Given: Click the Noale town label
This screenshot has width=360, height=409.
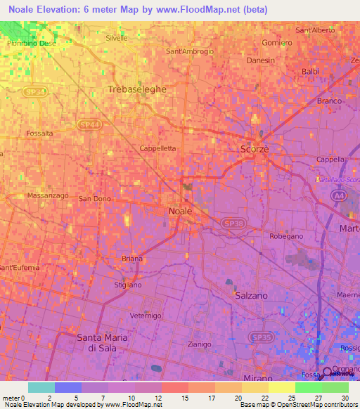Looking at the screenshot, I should (179, 211).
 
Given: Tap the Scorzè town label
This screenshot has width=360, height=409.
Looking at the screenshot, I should (254, 150).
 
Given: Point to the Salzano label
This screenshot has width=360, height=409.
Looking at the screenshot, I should (251, 296).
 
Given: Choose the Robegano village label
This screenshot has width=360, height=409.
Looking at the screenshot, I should (286, 236).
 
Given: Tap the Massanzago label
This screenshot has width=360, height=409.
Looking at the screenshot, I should (46, 195).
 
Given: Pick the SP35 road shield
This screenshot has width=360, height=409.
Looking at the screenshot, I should (262, 338).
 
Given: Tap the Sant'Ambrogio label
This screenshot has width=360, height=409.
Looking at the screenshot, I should (189, 51).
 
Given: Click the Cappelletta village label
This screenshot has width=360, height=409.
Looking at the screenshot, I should (158, 148).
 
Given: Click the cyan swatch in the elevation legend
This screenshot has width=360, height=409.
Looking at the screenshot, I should (41, 387).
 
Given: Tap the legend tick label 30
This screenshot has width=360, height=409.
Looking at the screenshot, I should (343, 398).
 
